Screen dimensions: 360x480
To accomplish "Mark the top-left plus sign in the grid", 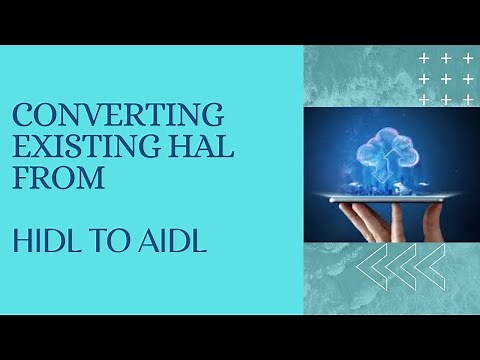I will pyautogui.click(x=425, y=59).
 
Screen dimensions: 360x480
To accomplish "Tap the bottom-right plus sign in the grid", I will pyautogui.click(x=467, y=100).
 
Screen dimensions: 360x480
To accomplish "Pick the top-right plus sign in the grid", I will pyautogui.click(x=467, y=59).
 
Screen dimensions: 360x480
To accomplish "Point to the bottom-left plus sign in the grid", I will pyautogui.click(x=425, y=100).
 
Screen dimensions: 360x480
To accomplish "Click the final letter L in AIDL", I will pyautogui.click(x=200, y=243).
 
